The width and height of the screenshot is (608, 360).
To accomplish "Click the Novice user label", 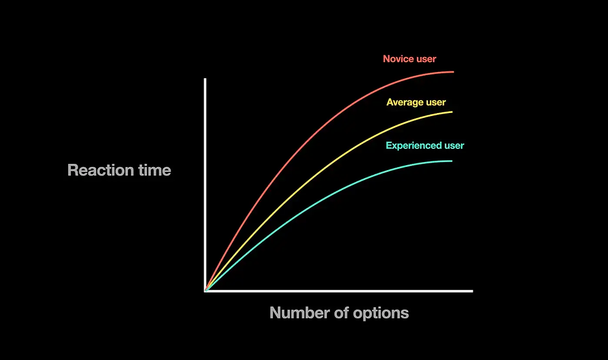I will [409, 59].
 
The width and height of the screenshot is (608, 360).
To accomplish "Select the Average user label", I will [416, 102].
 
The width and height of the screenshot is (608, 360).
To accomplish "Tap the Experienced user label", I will [424, 146].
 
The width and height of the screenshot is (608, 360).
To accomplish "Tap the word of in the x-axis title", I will [340, 313].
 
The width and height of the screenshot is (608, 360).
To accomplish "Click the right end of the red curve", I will [454, 72].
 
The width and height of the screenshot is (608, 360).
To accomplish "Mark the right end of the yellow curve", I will [452, 112].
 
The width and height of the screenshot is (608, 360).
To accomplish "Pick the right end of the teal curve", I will [452, 161].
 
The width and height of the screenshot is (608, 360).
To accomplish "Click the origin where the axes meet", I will [205, 290].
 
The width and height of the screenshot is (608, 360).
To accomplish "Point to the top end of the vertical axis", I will [205, 79].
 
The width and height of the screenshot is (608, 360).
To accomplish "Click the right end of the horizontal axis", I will [472, 290].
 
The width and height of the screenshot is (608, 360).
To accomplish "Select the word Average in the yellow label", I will [405, 102].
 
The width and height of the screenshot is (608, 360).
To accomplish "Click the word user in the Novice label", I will [426, 59].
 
